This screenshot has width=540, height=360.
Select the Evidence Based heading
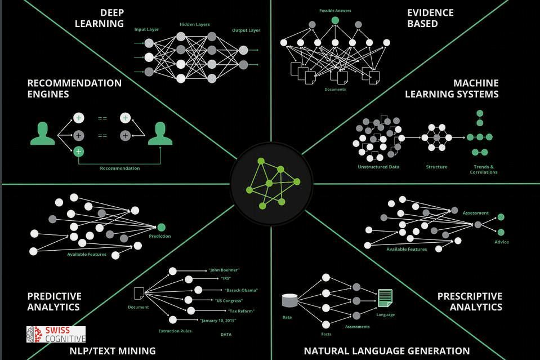[431, 18]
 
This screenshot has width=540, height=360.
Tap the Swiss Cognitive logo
[56, 335]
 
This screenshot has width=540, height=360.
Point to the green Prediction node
[162, 227]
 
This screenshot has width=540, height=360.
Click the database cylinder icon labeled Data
[289, 300]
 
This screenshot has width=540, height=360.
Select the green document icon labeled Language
[385, 298]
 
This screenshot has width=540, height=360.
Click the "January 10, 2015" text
[218, 321]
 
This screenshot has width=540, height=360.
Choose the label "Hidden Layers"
[195, 25]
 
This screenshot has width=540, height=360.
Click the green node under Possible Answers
[335, 20]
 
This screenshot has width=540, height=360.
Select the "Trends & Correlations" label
[484, 169]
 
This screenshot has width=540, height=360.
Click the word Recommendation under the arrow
[120, 168]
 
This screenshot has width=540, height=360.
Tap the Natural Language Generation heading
[387, 351]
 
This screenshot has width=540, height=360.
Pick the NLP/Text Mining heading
[113, 351]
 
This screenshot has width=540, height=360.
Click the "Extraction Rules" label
[175, 331]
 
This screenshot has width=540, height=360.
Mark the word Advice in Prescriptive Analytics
[502, 242]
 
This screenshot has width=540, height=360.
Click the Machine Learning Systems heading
[452, 88]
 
